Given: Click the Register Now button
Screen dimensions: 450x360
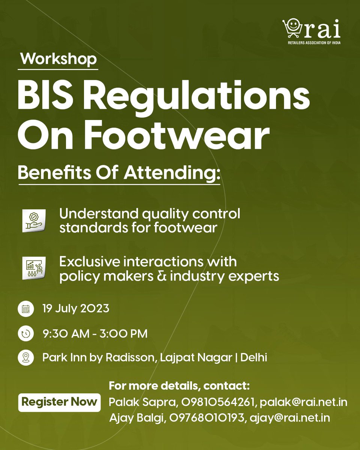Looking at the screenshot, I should (59, 402).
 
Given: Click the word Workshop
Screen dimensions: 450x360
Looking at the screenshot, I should (58, 59).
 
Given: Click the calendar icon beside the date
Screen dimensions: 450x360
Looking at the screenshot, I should (26, 309).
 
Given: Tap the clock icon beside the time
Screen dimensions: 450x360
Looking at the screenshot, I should (26, 333).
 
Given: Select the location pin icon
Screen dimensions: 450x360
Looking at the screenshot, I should (26, 357).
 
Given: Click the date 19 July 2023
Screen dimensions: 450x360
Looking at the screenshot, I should (76, 309).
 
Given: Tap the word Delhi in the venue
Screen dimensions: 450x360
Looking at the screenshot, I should (254, 357).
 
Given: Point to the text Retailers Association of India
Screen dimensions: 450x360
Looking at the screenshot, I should (311, 42).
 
